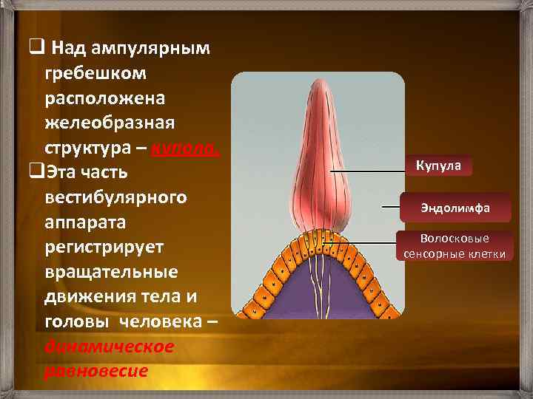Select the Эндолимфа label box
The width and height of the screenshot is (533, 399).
point(455,208)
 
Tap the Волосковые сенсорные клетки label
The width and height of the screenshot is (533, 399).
point(455,247)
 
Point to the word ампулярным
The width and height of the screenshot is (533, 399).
point(152,49)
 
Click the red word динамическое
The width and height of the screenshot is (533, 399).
point(110,346)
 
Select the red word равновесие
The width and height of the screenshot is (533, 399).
point(96,370)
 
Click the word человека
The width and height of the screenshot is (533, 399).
point(160,321)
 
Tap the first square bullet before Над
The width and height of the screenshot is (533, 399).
point(34,49)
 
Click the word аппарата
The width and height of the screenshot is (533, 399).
point(86,222)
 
